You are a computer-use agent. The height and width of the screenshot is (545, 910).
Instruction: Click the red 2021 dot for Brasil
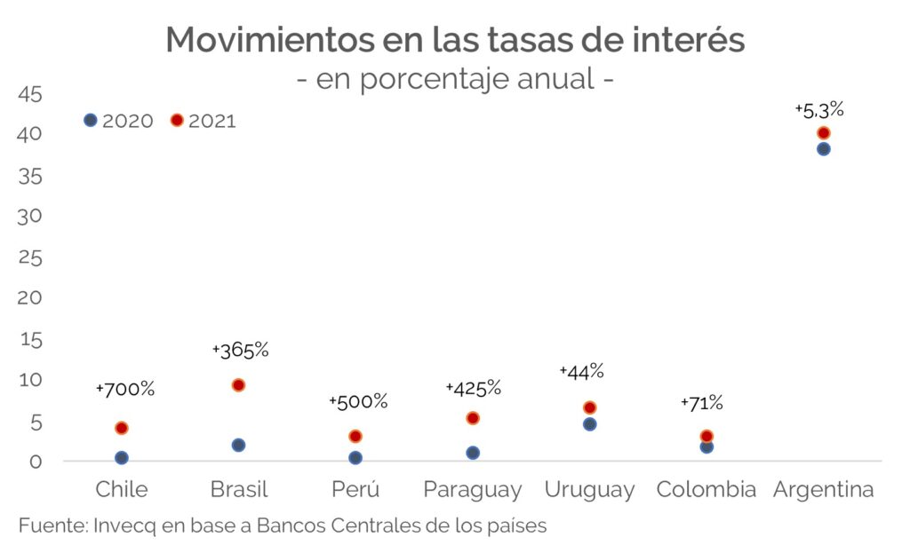click(238, 385)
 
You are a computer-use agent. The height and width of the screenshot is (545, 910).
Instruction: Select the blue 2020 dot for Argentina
click(823, 149)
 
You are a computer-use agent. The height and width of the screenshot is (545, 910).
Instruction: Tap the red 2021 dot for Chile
click(122, 428)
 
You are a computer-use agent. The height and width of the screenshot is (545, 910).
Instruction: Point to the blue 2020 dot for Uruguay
click(589, 424)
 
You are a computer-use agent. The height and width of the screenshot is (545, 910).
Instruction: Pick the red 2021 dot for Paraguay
click(473, 418)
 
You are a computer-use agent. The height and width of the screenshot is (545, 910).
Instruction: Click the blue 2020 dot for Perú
click(355, 458)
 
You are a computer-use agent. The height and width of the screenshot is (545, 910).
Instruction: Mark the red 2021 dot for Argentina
click(823, 133)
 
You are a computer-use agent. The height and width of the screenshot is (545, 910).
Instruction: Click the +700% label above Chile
click(125, 389)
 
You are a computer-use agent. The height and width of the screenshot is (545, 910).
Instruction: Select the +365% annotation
click(240, 350)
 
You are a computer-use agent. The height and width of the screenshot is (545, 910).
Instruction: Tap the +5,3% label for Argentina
click(819, 111)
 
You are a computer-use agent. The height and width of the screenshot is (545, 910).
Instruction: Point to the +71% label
click(702, 403)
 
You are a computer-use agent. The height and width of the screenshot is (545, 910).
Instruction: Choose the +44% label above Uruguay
click(582, 371)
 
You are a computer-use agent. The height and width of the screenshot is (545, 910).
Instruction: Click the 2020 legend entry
click(119, 121)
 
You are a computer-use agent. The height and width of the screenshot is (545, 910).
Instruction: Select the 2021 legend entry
click(204, 121)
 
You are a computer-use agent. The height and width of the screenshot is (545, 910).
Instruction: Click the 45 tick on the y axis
click(29, 94)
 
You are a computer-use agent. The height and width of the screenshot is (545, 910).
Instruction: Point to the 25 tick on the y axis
click(29, 257)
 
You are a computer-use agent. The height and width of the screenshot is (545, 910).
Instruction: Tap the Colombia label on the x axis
click(706, 489)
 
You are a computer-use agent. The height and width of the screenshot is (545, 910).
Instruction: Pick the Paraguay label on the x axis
click(472, 490)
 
